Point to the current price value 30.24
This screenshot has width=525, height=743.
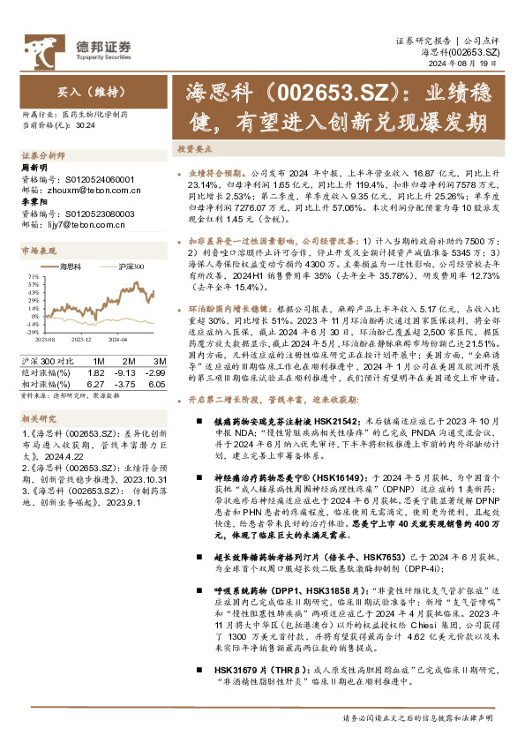pyautogui.click(x=86, y=124)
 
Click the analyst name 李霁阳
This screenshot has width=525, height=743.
pyautogui.click(x=34, y=202)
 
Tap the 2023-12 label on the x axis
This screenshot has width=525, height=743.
pyautogui.click(x=82, y=338)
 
